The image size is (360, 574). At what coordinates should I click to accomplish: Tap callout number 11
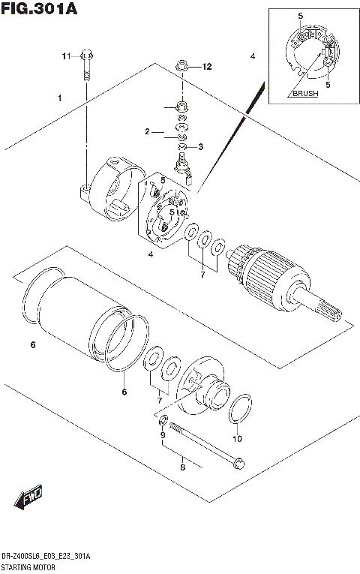click(x=65, y=56)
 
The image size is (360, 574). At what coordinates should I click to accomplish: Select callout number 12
click(x=207, y=67)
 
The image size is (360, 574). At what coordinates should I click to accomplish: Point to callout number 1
click(x=59, y=98)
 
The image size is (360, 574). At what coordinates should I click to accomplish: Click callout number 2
click(x=148, y=132)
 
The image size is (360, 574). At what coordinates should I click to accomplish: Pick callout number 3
click(x=201, y=146)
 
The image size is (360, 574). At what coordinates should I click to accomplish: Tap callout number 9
click(x=161, y=435)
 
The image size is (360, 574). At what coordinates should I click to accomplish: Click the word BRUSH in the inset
click(x=305, y=94)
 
